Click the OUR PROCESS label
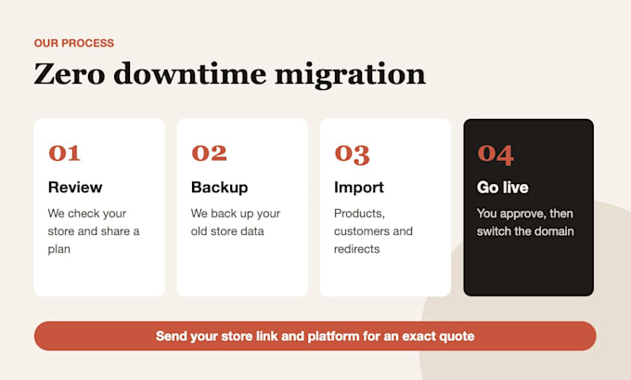click(x=74, y=43)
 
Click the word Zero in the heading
click(x=70, y=74)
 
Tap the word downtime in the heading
click(x=190, y=73)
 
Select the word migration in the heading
click(x=350, y=74)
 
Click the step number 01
click(x=64, y=153)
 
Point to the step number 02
click(x=210, y=153)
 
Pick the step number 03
click(x=352, y=154)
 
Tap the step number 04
click(x=496, y=155)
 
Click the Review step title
click(x=75, y=188)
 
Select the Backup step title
click(x=219, y=188)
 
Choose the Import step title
click(x=359, y=188)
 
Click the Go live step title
click(x=503, y=188)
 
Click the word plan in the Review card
click(x=59, y=249)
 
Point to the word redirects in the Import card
click(x=357, y=249)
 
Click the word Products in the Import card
click(x=359, y=214)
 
